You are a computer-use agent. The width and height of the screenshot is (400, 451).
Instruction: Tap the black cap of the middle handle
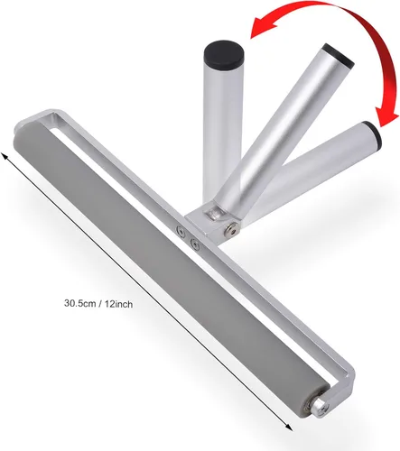[339, 55]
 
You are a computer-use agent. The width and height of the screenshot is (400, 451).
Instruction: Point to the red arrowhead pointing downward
[386, 118]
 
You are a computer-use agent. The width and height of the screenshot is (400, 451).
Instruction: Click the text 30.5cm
[79, 303]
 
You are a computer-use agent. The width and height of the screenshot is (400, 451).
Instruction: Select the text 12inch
[118, 304]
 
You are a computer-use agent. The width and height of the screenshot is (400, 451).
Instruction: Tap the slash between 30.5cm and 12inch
[99, 304]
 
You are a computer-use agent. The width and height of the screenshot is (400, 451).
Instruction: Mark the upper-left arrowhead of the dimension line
[5, 157]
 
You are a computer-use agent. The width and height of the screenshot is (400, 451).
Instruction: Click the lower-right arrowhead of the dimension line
[288, 427]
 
